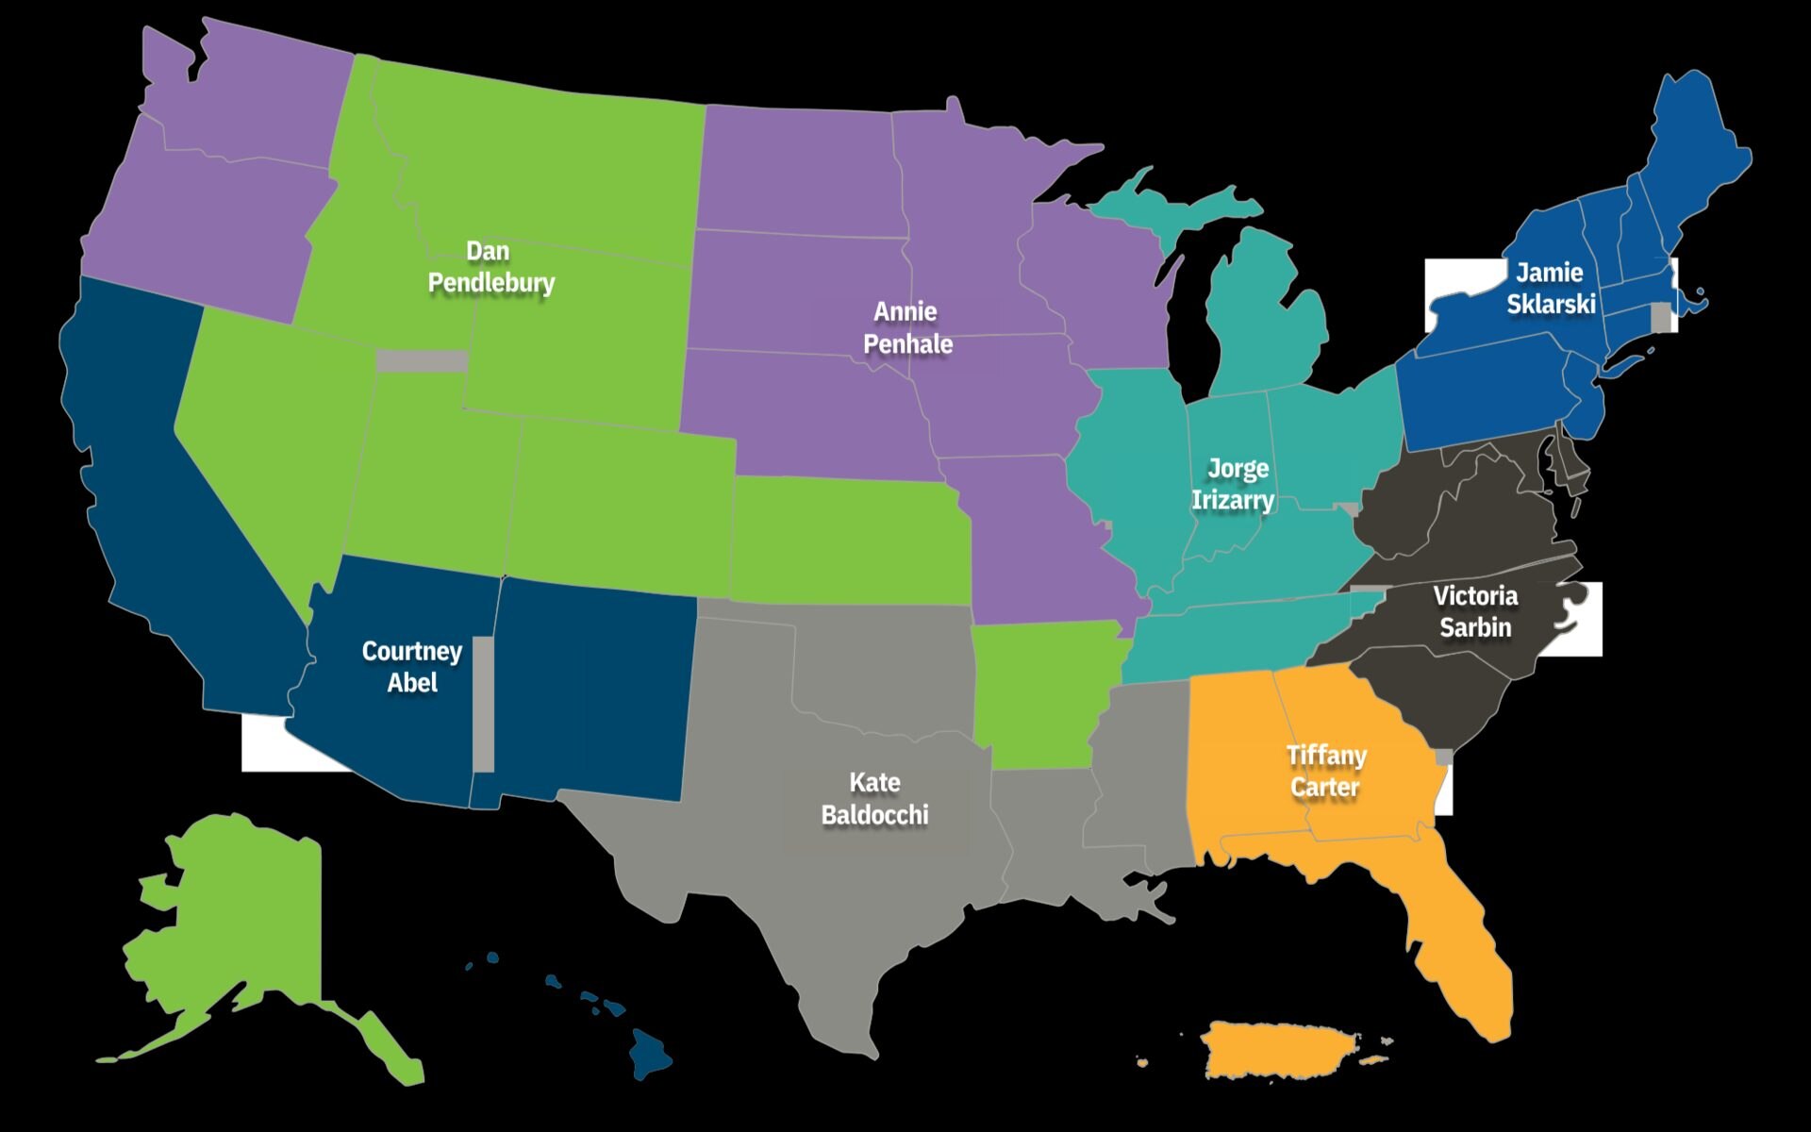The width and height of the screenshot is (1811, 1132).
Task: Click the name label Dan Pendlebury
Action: tap(490, 267)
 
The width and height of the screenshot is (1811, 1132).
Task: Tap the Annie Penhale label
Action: tap(906, 327)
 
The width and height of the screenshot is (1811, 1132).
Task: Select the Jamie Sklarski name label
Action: tap(1550, 288)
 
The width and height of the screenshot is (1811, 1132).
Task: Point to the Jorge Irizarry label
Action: tap(1235, 484)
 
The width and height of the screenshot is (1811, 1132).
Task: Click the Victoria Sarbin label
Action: tap(1475, 611)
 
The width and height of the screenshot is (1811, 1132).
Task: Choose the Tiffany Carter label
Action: tap(1325, 771)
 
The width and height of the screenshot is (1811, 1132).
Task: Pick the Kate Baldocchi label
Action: tap(874, 798)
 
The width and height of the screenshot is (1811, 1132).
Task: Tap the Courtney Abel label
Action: tap(412, 666)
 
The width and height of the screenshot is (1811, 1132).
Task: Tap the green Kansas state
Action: tap(849, 542)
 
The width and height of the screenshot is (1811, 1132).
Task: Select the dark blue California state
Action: tap(151, 472)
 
